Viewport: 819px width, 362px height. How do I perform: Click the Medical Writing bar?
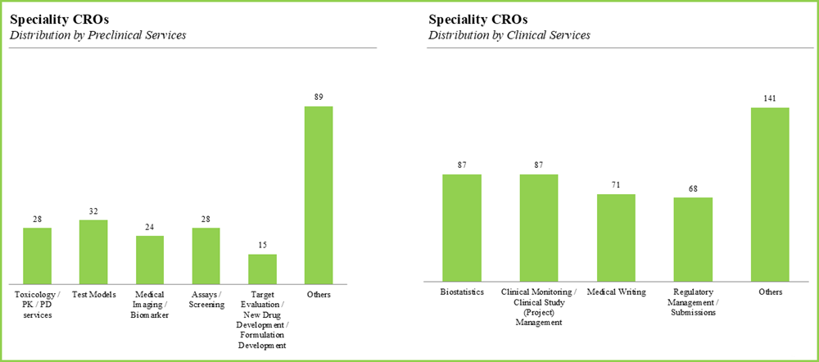coord(616,238)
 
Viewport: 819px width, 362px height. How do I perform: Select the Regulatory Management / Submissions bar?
coord(693,240)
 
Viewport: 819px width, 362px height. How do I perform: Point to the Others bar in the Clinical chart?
coord(770,195)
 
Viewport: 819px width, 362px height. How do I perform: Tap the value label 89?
coord(319,97)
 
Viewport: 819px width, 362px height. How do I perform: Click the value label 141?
coord(770,98)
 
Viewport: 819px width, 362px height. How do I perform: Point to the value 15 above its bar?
coord(262,245)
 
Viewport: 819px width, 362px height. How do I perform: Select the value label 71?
coord(616,185)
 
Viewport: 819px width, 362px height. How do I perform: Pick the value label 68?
coord(693,188)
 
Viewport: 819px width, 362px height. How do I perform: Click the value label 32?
coord(93,211)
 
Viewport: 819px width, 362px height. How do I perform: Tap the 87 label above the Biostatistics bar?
coord(462,165)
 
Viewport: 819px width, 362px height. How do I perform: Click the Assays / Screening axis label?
coord(206,299)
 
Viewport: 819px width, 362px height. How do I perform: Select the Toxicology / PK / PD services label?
coord(37,305)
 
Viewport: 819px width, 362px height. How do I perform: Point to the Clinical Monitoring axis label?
coord(538,306)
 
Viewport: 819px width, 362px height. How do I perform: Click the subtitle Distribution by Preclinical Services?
coord(97,35)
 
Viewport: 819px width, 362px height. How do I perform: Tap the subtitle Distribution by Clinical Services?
coord(509,35)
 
